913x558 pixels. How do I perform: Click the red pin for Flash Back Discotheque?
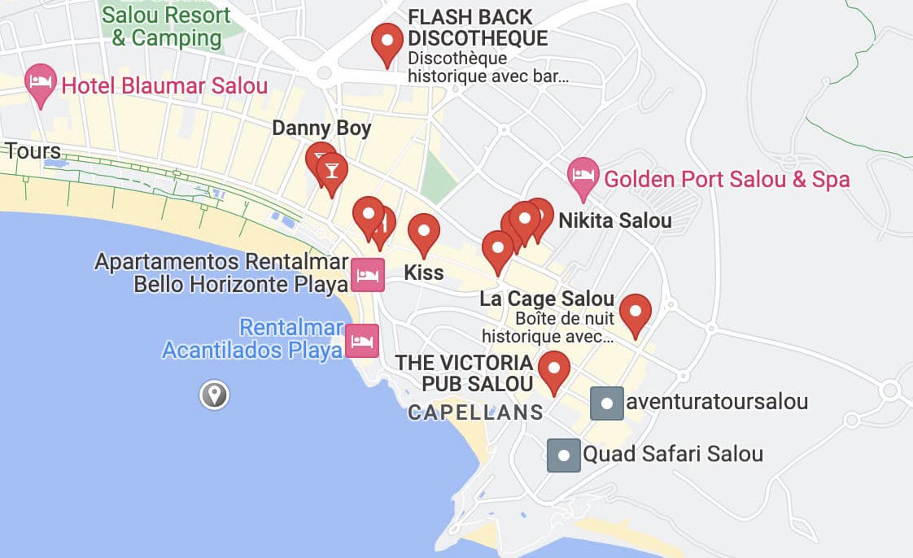(387, 41)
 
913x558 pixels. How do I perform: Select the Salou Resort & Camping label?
(166, 26)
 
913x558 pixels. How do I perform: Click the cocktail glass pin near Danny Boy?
(331, 170)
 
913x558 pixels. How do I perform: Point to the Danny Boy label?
(321, 128)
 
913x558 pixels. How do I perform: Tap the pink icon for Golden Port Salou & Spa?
(583, 175)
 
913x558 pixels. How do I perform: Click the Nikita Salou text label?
(614, 220)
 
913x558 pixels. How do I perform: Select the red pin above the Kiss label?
(424, 231)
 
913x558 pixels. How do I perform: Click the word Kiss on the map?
(423, 272)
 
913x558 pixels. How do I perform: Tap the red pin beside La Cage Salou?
(635, 312)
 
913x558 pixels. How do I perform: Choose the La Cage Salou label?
(547, 299)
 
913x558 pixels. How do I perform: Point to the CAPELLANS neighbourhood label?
(475, 412)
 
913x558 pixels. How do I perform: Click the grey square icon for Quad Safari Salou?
(564, 455)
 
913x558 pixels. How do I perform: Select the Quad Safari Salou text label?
(673, 454)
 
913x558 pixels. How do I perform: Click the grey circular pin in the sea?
(215, 395)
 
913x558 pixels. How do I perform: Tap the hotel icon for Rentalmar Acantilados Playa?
(362, 340)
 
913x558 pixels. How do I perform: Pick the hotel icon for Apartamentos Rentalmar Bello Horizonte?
(368, 275)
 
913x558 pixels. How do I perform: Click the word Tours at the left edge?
(33, 151)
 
